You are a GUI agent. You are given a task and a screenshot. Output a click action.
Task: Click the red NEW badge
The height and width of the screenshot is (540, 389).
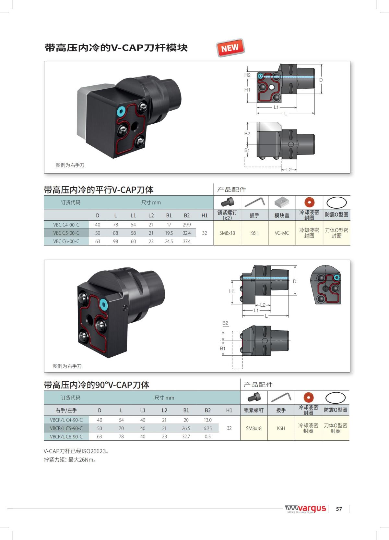tap(230, 48)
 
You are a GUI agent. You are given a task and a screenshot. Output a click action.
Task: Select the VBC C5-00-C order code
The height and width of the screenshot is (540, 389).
tap(66, 233)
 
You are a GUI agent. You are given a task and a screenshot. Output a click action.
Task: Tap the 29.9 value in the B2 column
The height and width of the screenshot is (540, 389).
tap(187, 225)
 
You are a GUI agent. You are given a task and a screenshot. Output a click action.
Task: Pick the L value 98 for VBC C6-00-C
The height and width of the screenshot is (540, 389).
tap(116, 241)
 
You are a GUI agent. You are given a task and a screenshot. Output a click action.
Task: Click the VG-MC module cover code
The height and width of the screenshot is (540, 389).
tap(282, 233)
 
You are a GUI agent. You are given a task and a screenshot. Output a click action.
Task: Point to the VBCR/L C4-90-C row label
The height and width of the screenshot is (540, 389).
tap(66, 420)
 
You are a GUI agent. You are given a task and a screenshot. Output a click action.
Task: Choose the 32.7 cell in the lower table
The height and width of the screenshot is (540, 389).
tap(186, 436)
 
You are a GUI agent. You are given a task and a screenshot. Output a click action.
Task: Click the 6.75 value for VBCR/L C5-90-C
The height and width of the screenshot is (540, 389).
tap(207, 428)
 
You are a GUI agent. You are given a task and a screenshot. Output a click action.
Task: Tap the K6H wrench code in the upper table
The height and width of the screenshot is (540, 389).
tap(254, 233)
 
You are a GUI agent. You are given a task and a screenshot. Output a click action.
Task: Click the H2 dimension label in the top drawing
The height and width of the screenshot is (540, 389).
tap(247, 75)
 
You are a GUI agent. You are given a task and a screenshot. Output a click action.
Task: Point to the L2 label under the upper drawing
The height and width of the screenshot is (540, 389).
tap(289, 170)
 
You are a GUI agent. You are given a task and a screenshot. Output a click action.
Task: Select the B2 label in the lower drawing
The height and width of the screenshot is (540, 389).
tap(225, 323)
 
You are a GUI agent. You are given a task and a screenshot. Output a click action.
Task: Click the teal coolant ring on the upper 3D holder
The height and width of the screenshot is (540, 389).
tap(121, 111)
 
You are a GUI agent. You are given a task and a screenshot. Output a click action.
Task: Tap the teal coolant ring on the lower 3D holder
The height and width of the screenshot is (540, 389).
tap(103, 303)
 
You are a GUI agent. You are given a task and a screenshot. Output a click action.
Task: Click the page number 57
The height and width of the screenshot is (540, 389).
tap(339, 509)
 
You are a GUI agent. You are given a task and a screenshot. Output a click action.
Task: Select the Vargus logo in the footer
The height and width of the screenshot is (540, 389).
tap(305, 509)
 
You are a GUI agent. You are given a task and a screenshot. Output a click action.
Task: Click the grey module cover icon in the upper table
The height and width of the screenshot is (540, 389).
tap(282, 202)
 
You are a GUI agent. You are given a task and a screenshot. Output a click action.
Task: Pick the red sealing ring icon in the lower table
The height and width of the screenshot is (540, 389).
tap(308, 398)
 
